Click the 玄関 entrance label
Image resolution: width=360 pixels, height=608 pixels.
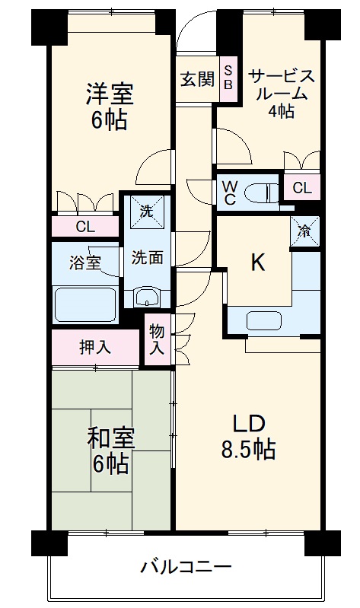pos(197,79)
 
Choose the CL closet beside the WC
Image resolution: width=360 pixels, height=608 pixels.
pos(301,187)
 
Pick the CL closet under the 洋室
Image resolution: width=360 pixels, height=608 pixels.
pos(85,226)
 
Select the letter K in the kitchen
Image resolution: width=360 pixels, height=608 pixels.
pos(258,263)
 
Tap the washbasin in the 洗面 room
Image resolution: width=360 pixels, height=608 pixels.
pos(147,297)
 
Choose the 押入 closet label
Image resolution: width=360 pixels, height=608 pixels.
pos(95,348)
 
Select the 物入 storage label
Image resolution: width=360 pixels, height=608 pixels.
pos(156,340)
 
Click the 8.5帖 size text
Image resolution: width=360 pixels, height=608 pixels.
pos(248,450)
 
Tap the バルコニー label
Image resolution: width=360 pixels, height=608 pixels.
pos(186,566)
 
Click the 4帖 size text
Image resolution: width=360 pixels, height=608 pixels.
pos(281,112)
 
